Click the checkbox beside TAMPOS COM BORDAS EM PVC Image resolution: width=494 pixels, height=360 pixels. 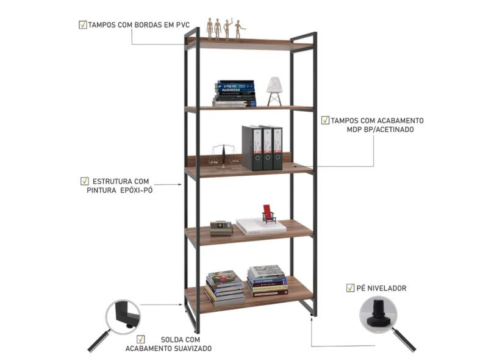82,24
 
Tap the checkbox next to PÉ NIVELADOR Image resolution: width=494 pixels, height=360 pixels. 350,287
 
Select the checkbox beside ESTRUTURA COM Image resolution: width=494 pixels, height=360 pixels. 84,181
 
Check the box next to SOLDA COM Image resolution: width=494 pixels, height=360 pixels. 141,339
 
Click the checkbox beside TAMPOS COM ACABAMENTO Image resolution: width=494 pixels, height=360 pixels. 325,120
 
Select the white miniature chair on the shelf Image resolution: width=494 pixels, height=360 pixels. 274,92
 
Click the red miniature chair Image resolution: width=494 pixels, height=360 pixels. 268,215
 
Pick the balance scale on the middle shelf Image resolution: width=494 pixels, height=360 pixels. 223,155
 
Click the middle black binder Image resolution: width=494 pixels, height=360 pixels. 267,148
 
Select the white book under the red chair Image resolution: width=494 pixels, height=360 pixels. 261,227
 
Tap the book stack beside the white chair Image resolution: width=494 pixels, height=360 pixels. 235,93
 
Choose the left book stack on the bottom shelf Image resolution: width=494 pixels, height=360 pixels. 224,287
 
